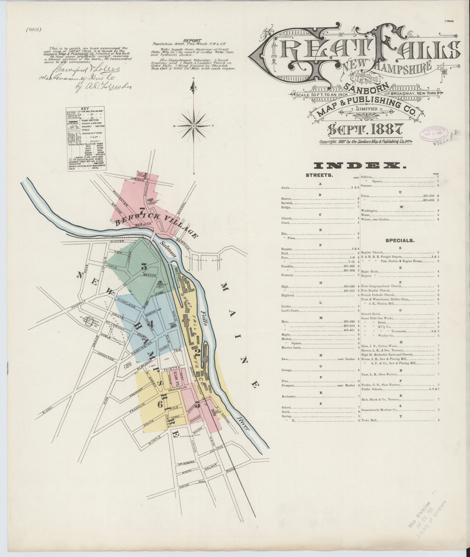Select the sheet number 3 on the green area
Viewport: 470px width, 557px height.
pos(144,266)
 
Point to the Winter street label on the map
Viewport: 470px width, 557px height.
pos(118,241)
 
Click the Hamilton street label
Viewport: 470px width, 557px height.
pos(106,356)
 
